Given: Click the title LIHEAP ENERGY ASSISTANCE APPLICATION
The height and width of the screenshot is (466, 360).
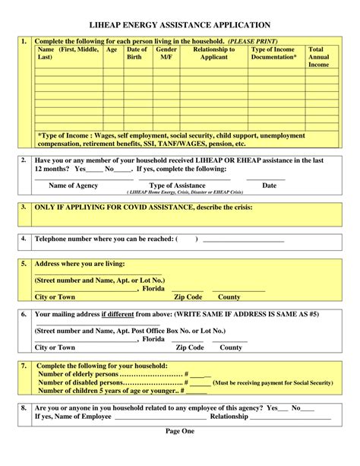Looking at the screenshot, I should click(x=180, y=25).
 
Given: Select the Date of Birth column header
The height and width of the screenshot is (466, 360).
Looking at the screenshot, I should click(x=136, y=53).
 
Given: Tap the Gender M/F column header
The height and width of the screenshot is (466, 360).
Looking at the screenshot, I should click(x=166, y=53).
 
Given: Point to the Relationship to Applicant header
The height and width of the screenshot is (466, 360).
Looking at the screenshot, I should click(x=213, y=53).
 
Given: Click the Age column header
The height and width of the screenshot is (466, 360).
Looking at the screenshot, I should click(x=112, y=49).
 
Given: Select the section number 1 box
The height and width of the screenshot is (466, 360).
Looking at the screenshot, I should click(x=24, y=41).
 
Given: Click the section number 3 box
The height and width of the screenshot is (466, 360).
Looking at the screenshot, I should click(x=24, y=207).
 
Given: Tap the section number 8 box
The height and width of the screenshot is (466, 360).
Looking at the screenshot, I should click(x=24, y=407).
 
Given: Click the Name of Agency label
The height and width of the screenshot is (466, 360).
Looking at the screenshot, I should click(x=73, y=185).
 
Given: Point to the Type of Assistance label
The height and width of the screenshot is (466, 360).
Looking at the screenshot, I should click(x=177, y=185).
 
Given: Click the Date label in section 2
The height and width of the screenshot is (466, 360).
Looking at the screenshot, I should click(x=269, y=185).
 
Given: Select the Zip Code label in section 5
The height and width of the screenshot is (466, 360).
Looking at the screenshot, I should click(x=188, y=297).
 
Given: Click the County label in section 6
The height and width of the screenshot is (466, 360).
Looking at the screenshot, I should click(x=231, y=347).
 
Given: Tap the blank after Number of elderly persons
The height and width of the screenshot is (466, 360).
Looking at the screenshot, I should click(x=201, y=374).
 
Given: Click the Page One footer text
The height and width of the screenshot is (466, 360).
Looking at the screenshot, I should click(x=180, y=431).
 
